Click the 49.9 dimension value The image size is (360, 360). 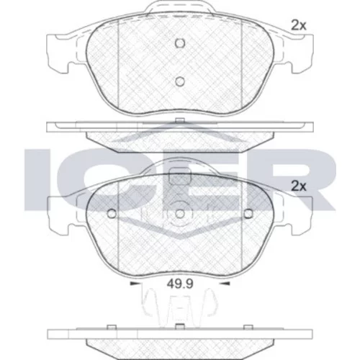click(x=180, y=284)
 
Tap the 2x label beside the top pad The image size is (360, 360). click(x=299, y=25)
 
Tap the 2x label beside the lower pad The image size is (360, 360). click(x=299, y=186)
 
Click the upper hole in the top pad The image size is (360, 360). click(x=180, y=43)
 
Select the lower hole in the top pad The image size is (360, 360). click(x=180, y=81)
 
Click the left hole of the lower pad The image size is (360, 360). click(x=112, y=213)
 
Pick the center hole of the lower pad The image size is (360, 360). click(x=180, y=214)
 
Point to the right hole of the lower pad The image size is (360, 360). click(x=248, y=213)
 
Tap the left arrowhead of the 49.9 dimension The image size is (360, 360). click(x=135, y=284)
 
